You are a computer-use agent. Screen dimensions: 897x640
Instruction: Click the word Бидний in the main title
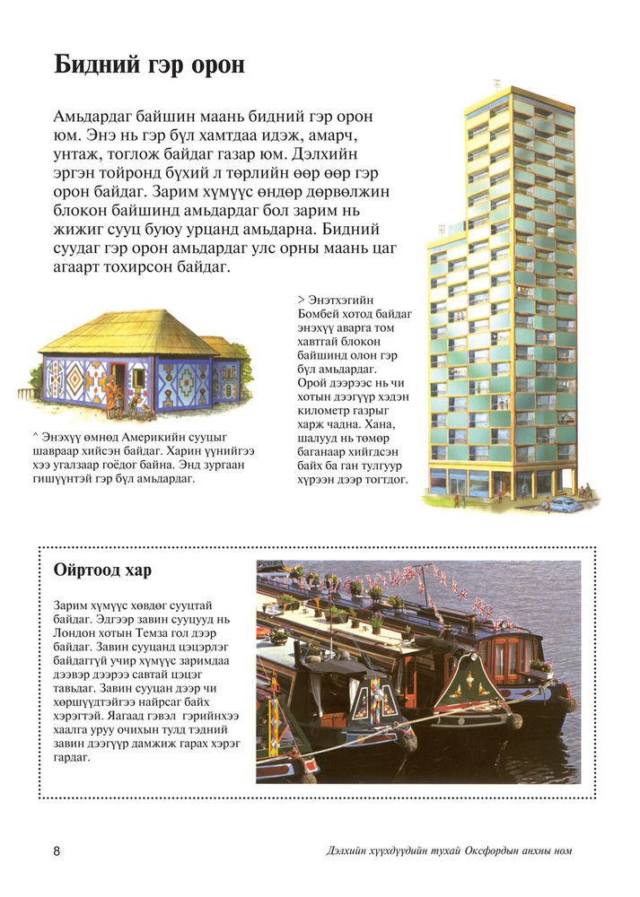tap(92, 65)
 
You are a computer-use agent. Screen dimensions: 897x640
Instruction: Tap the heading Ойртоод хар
tap(102, 570)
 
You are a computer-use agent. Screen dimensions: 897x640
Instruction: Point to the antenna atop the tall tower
tap(495, 85)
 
